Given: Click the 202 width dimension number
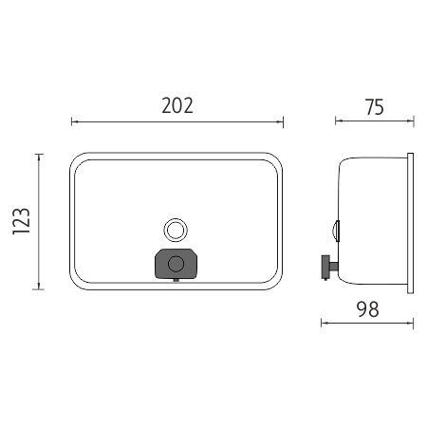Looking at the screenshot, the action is [177, 105].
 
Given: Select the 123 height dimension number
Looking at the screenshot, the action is [22, 221].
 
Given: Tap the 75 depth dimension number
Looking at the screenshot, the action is [375, 107].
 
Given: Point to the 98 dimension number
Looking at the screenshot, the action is [367, 309].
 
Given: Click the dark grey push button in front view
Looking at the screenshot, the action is [176, 264].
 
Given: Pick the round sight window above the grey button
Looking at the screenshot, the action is [176, 230].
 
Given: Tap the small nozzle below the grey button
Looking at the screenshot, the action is [176, 280].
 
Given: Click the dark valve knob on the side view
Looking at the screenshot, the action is [325, 268].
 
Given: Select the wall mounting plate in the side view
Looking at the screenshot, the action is [410, 223].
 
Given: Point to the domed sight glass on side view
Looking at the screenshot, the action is [336, 231].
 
